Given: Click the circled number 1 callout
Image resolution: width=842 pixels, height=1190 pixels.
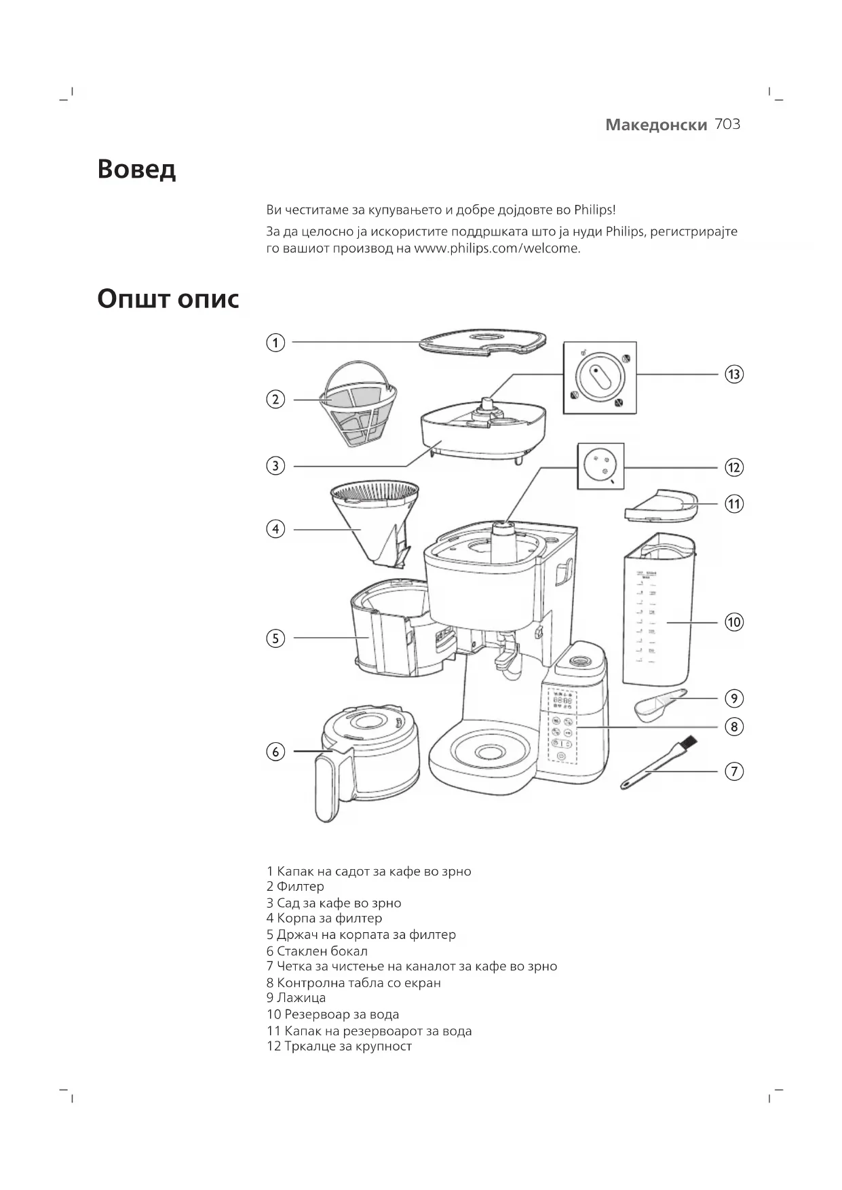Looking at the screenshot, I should (x=275, y=343).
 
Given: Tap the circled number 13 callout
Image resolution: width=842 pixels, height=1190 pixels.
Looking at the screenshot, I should (x=734, y=374).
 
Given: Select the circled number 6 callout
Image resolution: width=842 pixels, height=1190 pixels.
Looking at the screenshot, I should (x=275, y=752).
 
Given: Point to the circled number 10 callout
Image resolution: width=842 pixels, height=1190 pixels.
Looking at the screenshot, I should (x=734, y=621).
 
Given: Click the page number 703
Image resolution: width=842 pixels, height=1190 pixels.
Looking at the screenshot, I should (x=727, y=124).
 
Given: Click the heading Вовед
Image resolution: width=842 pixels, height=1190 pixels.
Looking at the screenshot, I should (x=136, y=168).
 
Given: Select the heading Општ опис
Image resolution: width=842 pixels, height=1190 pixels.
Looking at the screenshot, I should (x=168, y=299).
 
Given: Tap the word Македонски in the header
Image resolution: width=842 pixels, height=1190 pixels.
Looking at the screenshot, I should (x=656, y=125).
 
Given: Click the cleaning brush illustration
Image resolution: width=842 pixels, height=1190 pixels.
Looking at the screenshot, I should (x=658, y=764).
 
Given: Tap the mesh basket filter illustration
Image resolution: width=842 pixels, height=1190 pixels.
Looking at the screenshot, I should (x=358, y=405).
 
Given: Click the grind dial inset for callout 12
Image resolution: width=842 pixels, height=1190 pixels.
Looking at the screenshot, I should (x=600, y=466).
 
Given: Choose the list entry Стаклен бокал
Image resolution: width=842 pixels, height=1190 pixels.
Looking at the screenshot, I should (x=322, y=951).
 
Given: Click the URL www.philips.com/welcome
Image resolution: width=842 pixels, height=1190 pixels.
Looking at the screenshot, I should (x=497, y=248).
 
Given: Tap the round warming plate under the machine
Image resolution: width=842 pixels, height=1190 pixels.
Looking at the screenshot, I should (x=487, y=752).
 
